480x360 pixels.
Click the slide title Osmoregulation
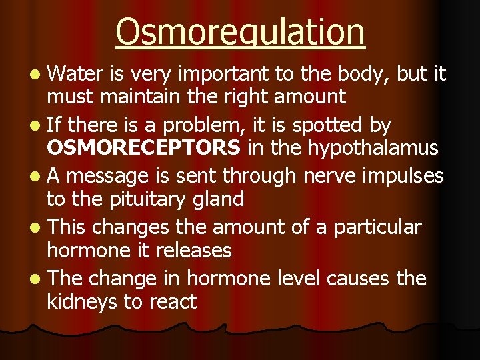(240, 31)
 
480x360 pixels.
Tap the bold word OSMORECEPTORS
(143, 147)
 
